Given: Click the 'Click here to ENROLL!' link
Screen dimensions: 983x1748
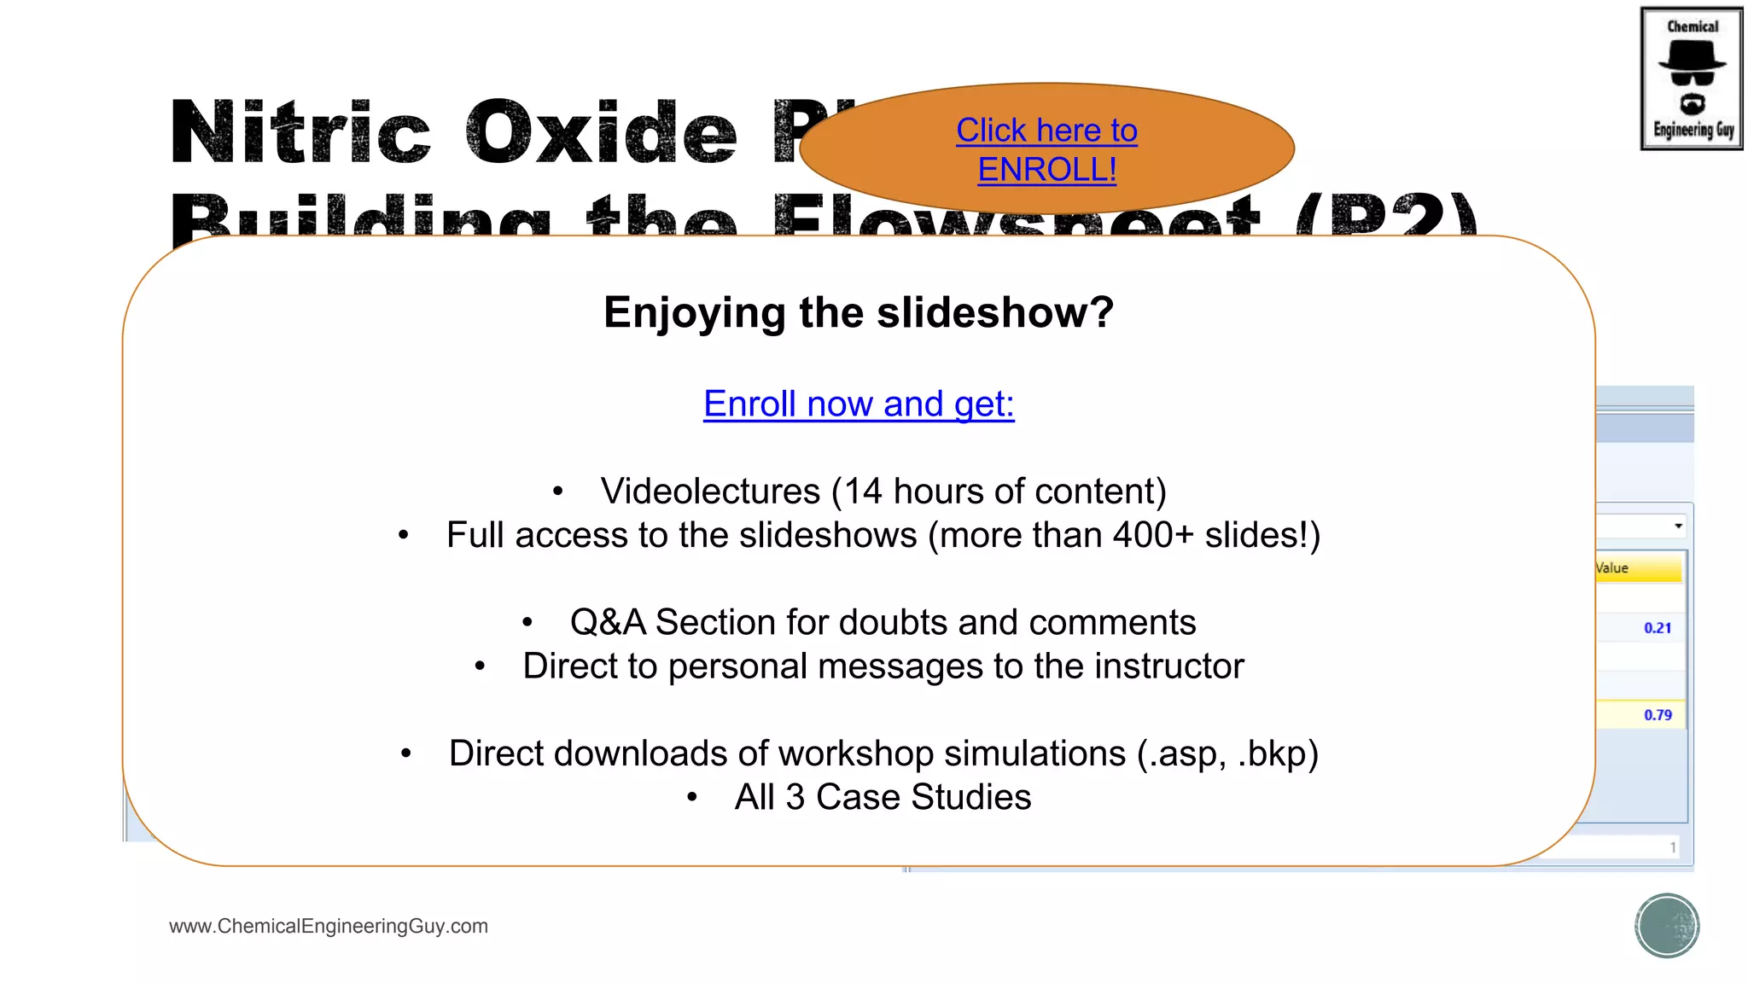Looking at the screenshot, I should coord(1046,149).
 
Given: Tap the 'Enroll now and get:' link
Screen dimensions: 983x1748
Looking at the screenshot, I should coord(859,404).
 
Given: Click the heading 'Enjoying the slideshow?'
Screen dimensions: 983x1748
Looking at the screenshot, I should coord(859,312).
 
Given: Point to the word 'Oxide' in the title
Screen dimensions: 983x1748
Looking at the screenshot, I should coord(601,132).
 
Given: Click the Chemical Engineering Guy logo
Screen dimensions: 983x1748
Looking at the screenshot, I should coord(1692,79).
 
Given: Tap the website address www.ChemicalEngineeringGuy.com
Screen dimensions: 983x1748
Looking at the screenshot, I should coord(329,926).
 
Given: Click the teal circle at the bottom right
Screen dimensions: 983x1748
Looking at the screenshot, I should coord(1667,926).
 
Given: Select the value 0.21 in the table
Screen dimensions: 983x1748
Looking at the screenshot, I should coord(1658,628).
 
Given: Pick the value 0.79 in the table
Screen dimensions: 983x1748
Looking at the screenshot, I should coord(1658,715).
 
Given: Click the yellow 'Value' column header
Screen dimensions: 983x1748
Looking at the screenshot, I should coord(1638,568).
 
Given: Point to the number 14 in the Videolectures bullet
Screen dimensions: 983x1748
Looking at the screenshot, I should coord(863,491).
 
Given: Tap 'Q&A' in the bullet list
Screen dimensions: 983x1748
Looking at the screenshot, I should coord(608,622).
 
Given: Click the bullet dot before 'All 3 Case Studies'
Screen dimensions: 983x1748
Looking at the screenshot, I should coord(692,798).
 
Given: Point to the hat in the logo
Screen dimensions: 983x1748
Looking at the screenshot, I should coord(1692,56).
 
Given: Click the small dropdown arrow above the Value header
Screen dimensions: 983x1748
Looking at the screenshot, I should coord(1678,526).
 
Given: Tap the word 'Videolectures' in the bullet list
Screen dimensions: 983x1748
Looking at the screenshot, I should coord(710,491).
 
